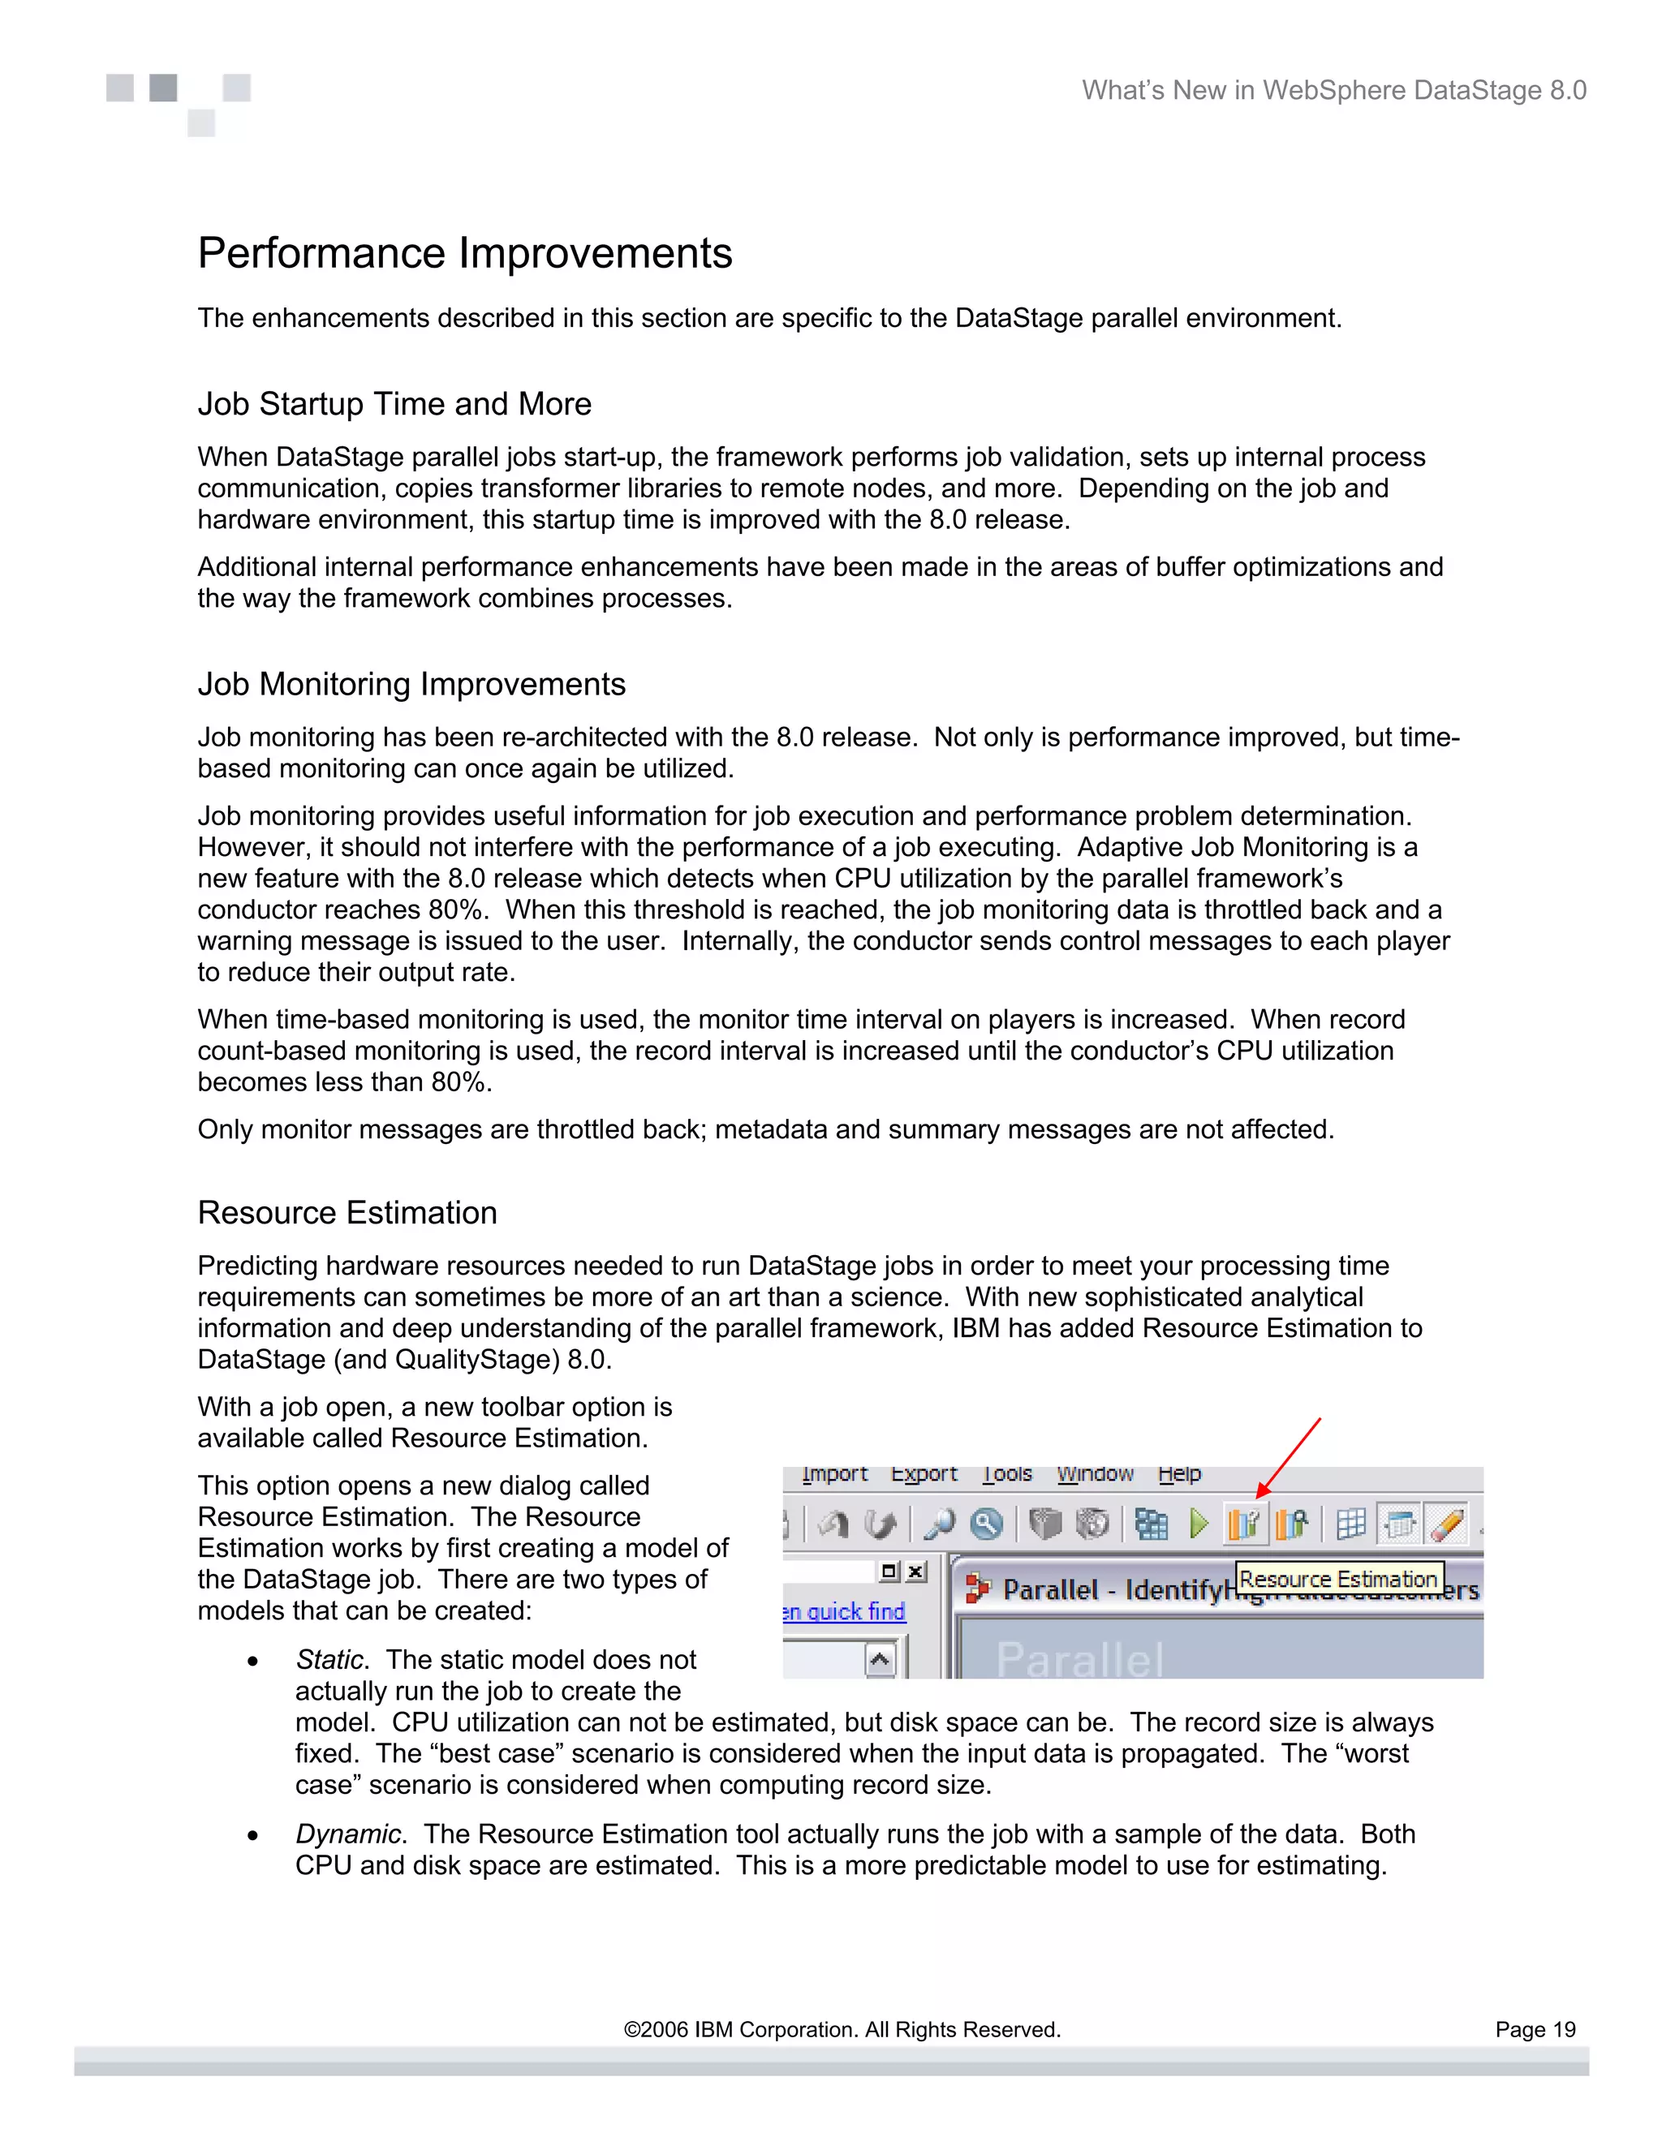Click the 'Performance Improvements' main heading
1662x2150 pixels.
point(465,253)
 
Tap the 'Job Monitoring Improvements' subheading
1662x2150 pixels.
point(411,684)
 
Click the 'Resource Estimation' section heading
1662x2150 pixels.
point(347,1213)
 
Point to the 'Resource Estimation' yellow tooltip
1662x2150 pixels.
point(1338,1579)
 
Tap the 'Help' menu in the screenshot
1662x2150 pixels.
point(1179,1473)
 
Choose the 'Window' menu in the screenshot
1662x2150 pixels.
point(1095,1473)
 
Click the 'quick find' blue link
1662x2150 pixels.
point(855,1611)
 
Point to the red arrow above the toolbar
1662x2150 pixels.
point(1290,1456)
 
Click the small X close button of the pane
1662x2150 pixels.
point(915,1572)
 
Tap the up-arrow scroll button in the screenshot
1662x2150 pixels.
point(881,1661)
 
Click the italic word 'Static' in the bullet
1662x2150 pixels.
point(329,1660)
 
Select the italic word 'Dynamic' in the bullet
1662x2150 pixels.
point(347,1834)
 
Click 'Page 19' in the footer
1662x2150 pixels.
point(1534,2029)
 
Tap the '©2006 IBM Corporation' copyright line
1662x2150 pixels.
point(842,2029)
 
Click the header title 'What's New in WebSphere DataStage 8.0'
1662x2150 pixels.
point(1333,91)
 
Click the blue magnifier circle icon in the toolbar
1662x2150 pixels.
point(985,1524)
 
